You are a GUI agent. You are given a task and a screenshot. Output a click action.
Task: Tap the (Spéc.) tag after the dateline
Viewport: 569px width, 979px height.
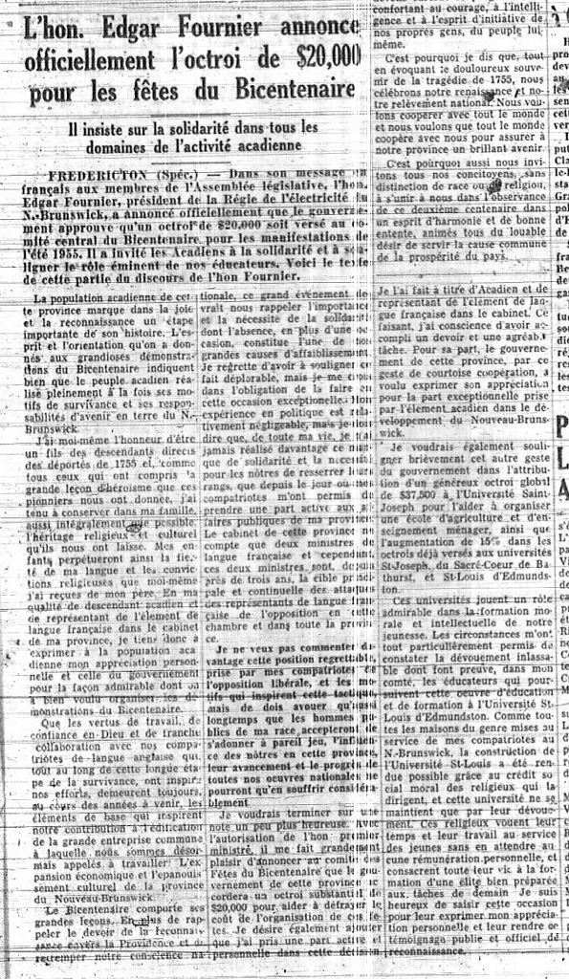coord(176,175)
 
